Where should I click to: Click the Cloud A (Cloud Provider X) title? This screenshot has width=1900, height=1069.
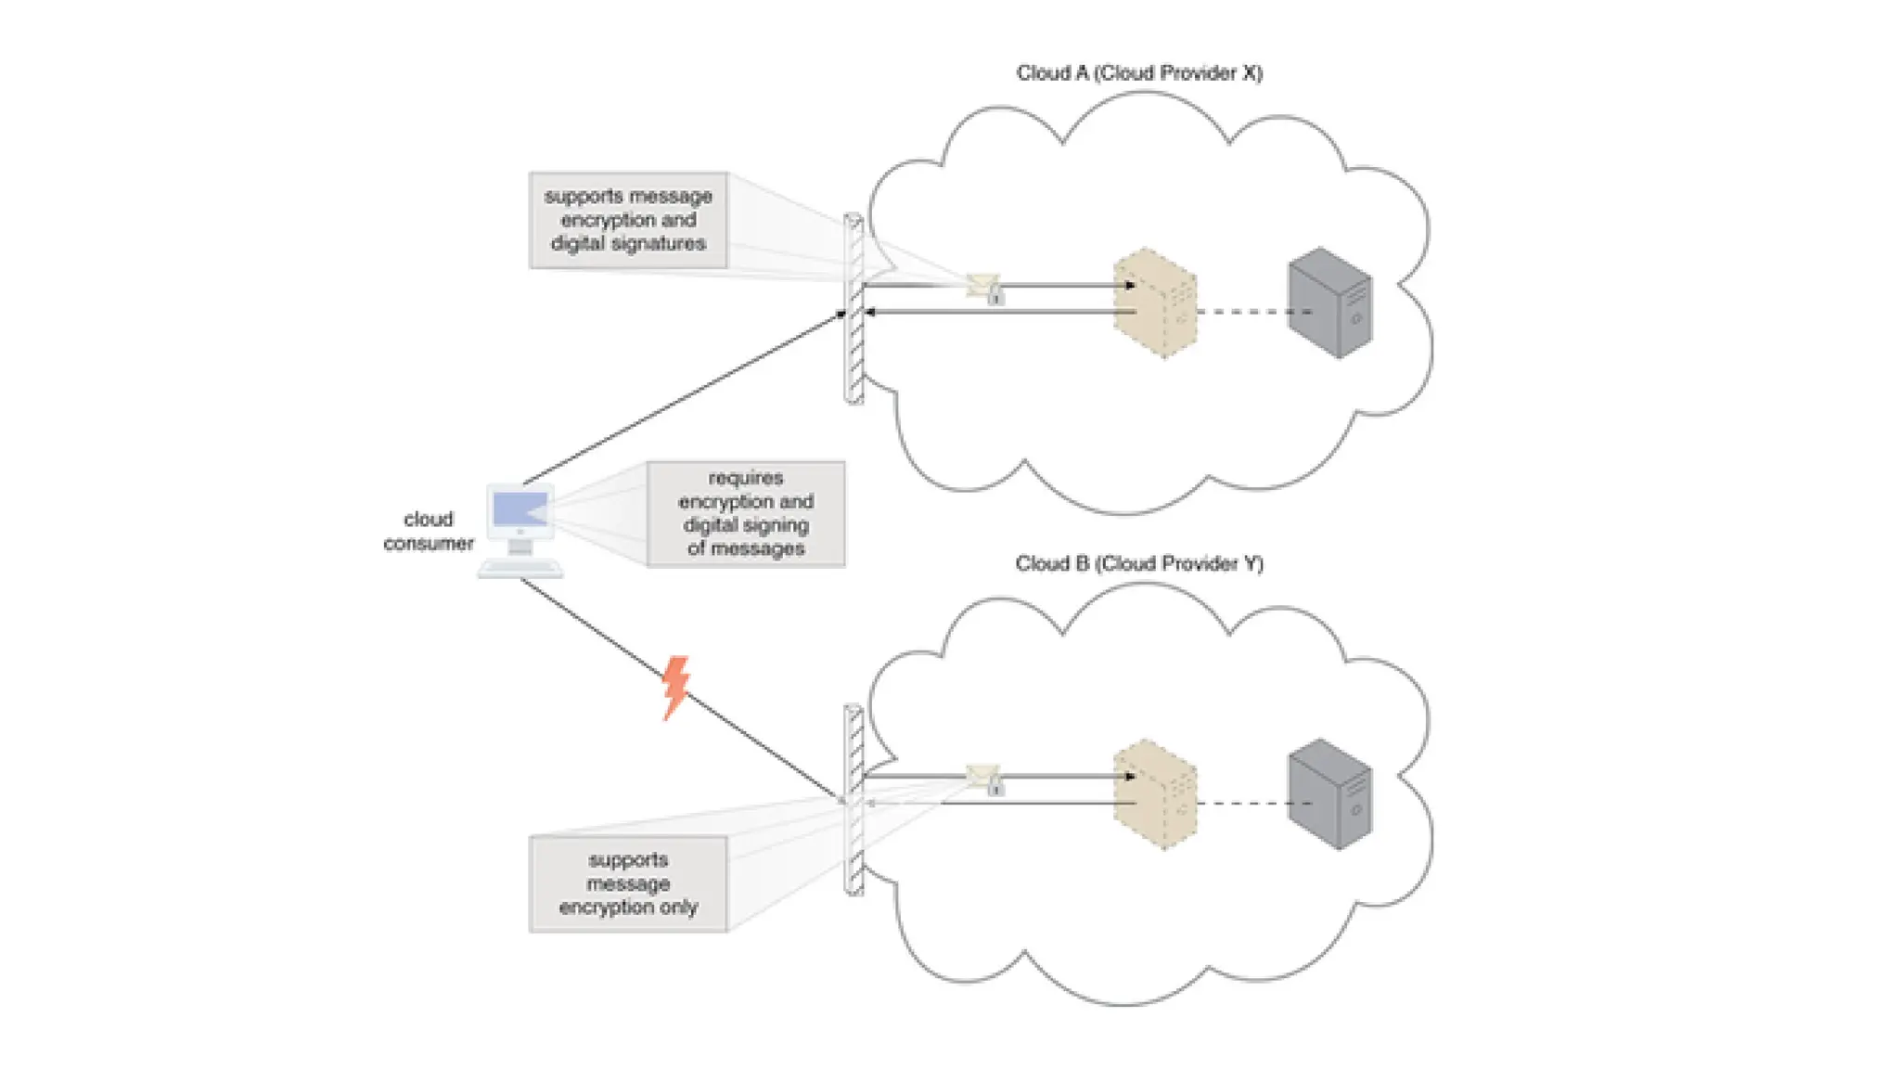tap(1138, 73)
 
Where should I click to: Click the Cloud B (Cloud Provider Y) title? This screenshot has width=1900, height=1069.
tap(1138, 563)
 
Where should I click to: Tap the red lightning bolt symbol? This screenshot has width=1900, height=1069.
tap(675, 688)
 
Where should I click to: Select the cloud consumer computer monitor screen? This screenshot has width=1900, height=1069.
tap(520, 510)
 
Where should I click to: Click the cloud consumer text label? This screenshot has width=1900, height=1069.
tap(428, 532)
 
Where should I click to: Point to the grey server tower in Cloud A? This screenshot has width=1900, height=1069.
tap(1329, 303)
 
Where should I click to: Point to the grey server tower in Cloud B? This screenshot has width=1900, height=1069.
tap(1329, 794)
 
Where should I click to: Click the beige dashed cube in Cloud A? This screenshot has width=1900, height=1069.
tap(1155, 303)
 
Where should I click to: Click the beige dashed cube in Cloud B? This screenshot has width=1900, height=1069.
tap(1155, 794)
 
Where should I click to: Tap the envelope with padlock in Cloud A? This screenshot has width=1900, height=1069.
tap(984, 288)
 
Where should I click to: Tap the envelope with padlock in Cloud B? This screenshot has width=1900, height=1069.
tap(984, 779)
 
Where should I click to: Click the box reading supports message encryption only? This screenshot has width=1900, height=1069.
tap(628, 883)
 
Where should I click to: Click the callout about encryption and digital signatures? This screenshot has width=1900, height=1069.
tap(628, 220)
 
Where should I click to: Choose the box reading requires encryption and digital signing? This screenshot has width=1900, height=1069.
tap(746, 513)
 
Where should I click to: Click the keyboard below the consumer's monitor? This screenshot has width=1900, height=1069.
tap(520, 569)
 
